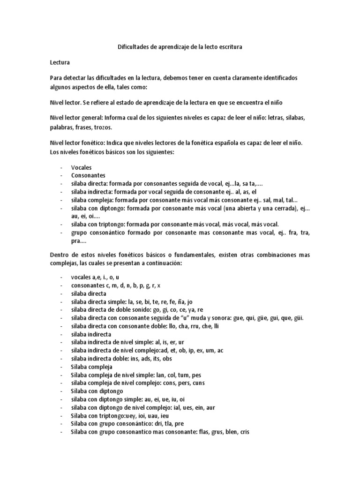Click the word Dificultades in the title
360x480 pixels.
coord(133,47)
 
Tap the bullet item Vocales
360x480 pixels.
coord(81,167)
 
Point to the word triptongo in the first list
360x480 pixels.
coord(111,225)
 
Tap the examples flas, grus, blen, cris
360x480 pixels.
coord(225,433)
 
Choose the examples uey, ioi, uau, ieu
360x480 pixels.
coord(146,416)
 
